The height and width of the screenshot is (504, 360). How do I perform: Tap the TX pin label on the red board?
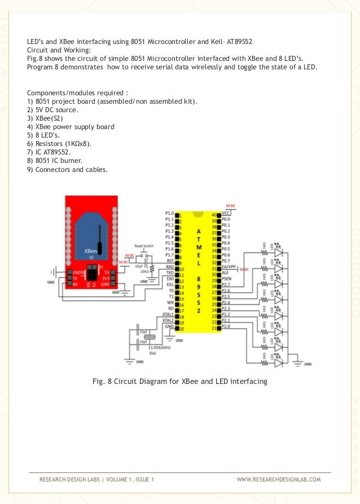coord(75,278)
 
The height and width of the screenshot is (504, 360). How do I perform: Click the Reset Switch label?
coord(143,246)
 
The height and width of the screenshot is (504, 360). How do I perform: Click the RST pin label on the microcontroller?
coord(169,261)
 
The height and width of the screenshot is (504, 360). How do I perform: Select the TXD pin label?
coord(169,273)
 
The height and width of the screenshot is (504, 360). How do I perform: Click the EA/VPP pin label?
coord(228,267)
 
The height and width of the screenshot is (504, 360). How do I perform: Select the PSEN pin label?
coord(226,279)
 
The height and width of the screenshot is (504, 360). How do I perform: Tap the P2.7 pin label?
coord(226,285)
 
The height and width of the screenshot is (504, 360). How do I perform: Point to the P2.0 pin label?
coord(226,327)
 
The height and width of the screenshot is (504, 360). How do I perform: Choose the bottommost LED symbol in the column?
coord(278,364)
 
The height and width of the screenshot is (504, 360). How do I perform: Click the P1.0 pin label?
coord(169,214)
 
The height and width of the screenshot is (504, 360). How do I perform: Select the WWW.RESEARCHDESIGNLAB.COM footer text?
coord(278,479)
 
